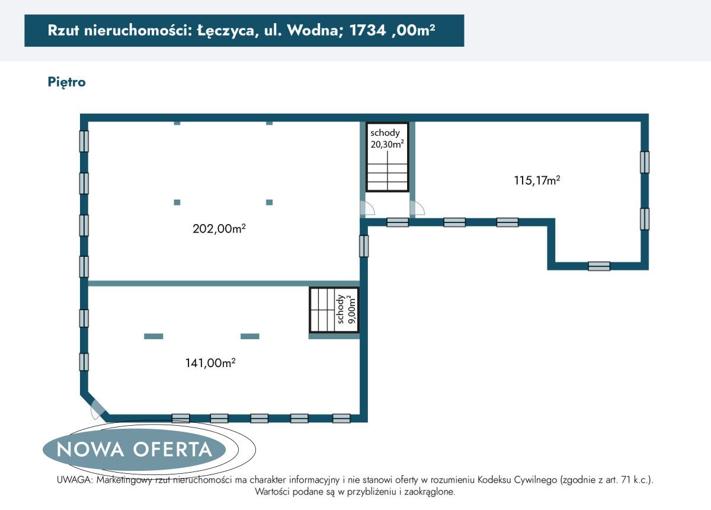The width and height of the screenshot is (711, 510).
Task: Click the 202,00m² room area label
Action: [x=219, y=228]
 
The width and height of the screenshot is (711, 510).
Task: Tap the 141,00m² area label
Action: [x=210, y=363]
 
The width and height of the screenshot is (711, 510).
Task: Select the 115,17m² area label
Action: [x=537, y=180]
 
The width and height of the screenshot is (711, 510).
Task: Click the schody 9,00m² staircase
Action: [x=334, y=310]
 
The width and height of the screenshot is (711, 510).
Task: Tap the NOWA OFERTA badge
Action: [x=134, y=450]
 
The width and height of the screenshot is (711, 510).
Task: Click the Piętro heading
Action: [x=66, y=82]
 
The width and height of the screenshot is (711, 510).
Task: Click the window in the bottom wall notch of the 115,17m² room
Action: [x=599, y=266]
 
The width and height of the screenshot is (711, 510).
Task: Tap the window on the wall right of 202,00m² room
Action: [x=364, y=246]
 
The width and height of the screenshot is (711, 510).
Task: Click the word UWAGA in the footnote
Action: [x=73, y=480]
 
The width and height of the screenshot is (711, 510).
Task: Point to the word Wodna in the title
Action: [x=312, y=31]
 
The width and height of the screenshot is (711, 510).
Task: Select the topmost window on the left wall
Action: [x=84, y=141]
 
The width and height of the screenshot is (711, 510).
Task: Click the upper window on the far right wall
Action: [x=644, y=162]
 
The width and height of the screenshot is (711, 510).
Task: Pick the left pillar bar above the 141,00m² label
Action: [x=153, y=336]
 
